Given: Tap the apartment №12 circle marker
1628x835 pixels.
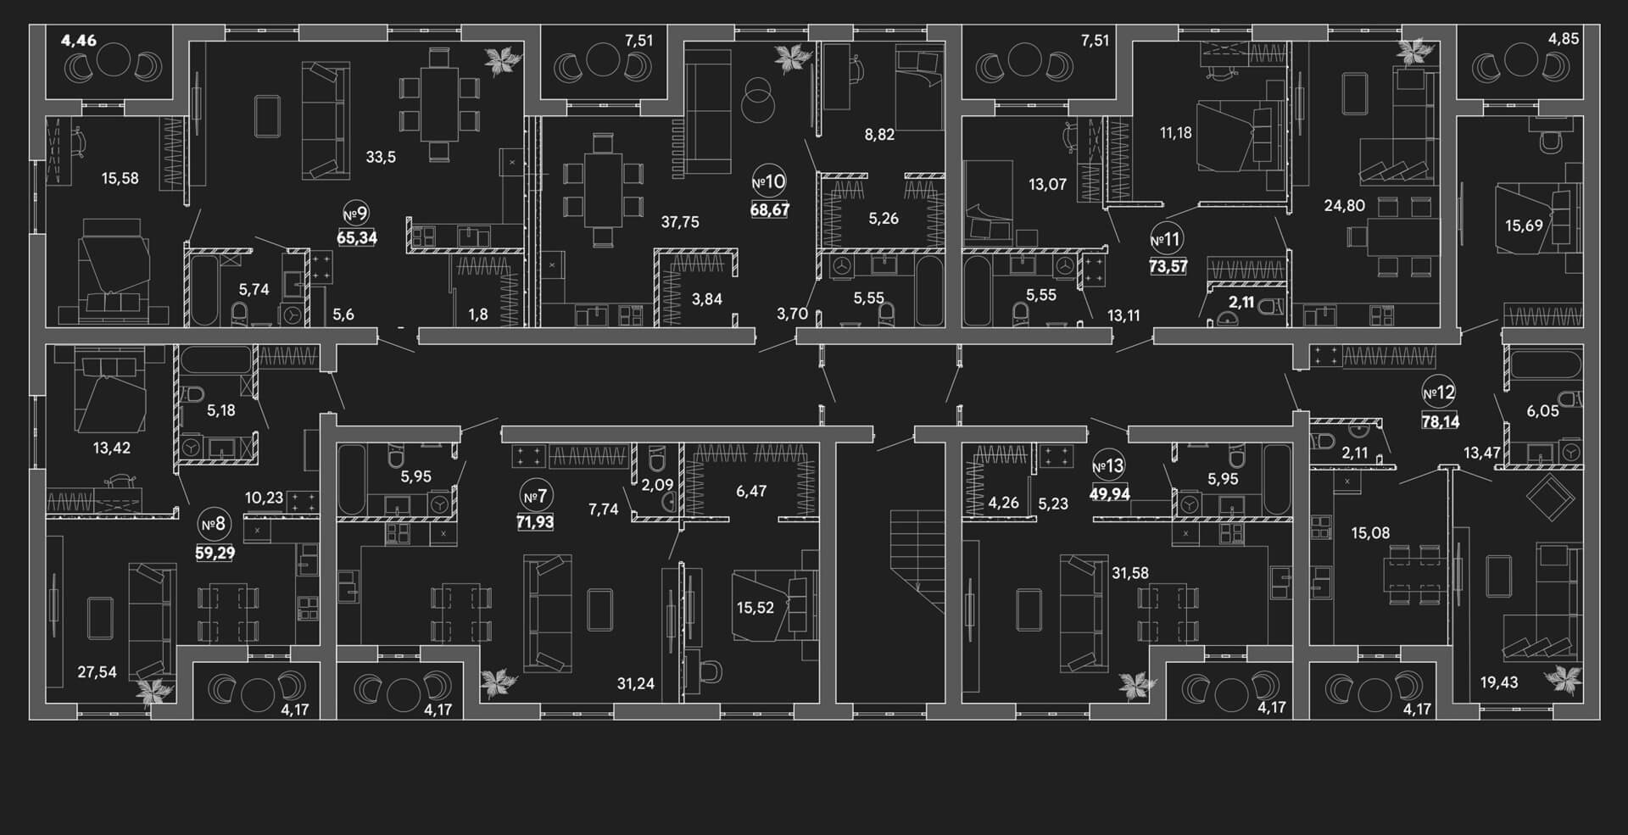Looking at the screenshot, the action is point(1439,392).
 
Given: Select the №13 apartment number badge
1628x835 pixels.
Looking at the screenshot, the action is point(1107,466).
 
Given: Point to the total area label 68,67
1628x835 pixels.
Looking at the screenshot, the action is point(770,209).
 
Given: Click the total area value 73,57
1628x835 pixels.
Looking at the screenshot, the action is point(1168,266).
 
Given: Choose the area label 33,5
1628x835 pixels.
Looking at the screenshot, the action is point(381,157).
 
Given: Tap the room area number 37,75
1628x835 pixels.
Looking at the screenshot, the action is point(680,222).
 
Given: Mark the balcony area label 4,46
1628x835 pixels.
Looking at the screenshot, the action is point(79,39).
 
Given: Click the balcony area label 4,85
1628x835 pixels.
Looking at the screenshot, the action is point(1564,39).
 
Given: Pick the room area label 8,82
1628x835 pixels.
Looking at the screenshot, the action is point(879,134).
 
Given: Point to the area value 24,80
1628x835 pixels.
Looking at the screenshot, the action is point(1345,205).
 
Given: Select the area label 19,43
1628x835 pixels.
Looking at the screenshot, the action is point(1498,682).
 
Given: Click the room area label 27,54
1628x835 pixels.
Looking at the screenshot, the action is point(97,672).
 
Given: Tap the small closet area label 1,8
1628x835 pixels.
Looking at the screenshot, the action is point(478,315).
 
